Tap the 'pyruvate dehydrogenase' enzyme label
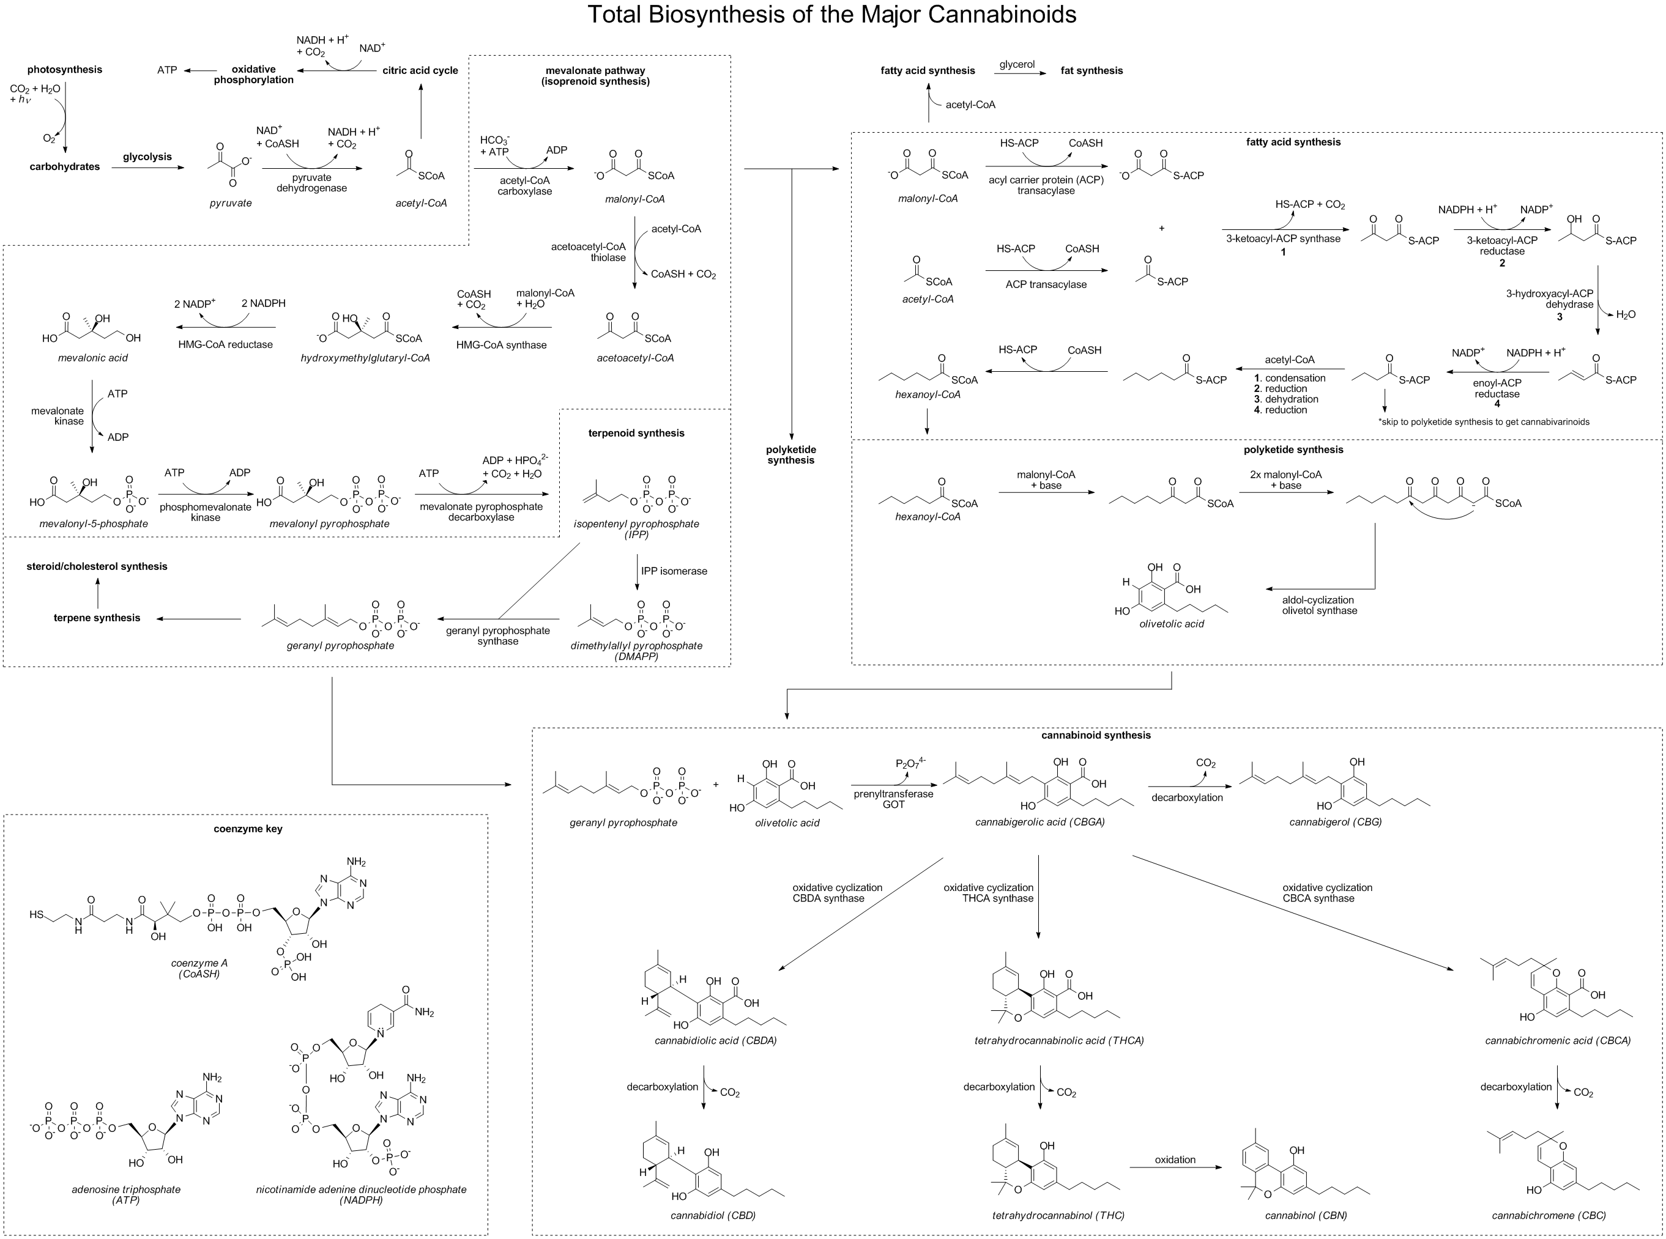point(311,183)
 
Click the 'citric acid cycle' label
point(420,70)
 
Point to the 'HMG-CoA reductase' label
point(226,345)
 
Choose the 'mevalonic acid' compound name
point(93,358)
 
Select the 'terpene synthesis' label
point(97,618)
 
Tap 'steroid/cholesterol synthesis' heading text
point(97,566)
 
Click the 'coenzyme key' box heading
point(248,829)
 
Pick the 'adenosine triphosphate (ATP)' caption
point(126,1194)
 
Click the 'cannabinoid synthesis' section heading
point(1095,736)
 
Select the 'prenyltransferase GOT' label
point(893,799)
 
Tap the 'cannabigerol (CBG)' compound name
point(1335,822)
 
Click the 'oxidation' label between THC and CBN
point(1175,1159)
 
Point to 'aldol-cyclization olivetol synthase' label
point(1320,605)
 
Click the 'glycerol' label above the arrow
point(1017,64)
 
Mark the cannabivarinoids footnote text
point(1484,422)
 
